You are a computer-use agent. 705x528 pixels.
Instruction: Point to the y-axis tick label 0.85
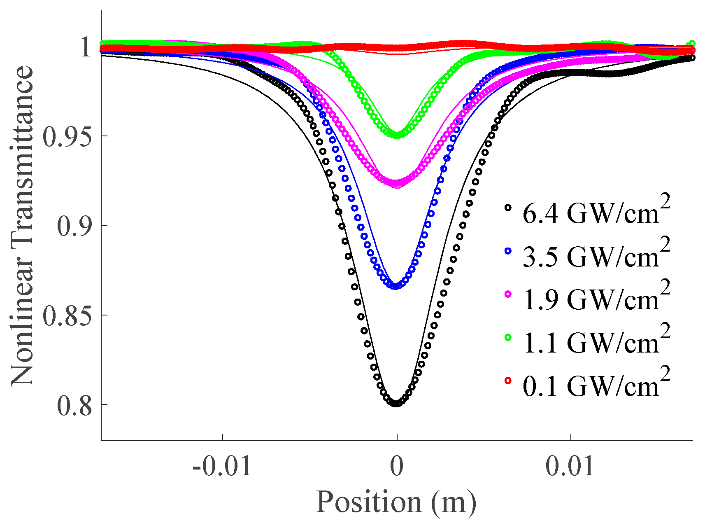(67, 316)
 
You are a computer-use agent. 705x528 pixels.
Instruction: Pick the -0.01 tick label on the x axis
(221, 466)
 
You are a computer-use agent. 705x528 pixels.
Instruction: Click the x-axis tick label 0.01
(570, 466)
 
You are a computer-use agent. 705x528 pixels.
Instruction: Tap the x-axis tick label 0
(397, 466)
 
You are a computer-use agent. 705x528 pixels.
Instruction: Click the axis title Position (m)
(396, 502)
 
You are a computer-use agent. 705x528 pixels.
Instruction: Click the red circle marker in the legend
(508, 381)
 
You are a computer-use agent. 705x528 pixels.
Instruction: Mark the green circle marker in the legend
(508, 337)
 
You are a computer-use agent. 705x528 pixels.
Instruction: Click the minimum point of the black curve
(396, 404)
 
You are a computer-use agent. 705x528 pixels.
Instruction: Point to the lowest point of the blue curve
(396, 286)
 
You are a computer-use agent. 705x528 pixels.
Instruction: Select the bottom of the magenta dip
(396, 182)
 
